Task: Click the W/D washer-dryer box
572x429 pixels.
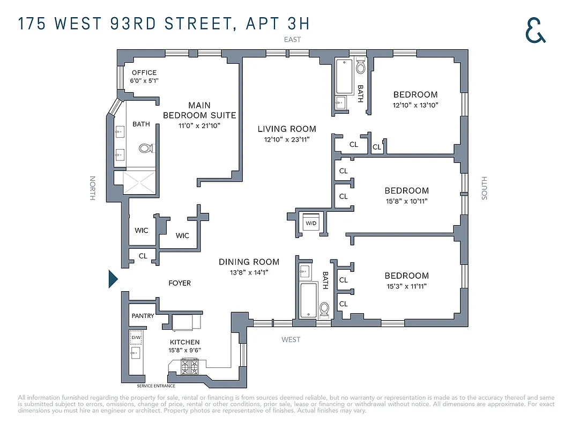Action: pyautogui.click(x=311, y=223)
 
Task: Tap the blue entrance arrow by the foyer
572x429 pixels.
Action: pyautogui.click(x=113, y=279)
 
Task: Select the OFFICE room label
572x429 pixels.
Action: pyautogui.click(x=144, y=73)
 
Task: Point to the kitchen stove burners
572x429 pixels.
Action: pyautogui.click(x=189, y=367)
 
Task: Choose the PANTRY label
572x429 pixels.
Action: pyautogui.click(x=143, y=316)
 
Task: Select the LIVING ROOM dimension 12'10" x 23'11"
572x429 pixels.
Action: pyautogui.click(x=287, y=139)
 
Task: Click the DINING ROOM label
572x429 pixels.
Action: pyautogui.click(x=249, y=262)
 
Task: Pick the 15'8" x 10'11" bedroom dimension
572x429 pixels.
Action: pyautogui.click(x=406, y=201)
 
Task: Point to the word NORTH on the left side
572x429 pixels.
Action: pyautogui.click(x=92, y=188)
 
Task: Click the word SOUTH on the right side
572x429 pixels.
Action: pyautogui.click(x=484, y=188)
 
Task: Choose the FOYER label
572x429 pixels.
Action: pyautogui.click(x=179, y=283)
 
